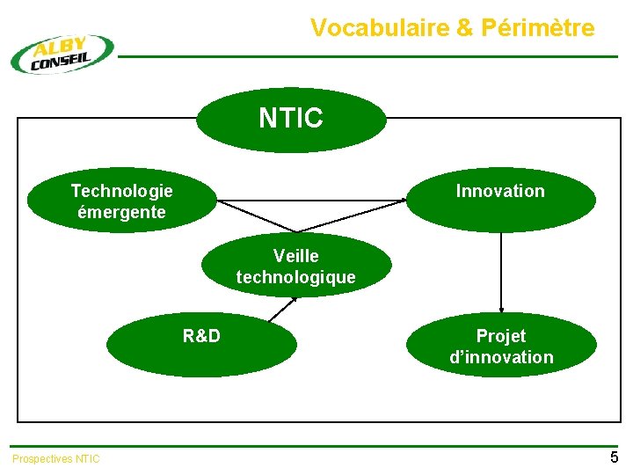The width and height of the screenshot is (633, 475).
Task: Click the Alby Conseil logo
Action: click(62, 54)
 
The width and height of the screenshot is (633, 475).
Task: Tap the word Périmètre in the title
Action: click(538, 28)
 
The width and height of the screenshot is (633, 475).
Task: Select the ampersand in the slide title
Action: click(465, 28)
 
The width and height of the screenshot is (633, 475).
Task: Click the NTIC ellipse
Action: click(291, 120)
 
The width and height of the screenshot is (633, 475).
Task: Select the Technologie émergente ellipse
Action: click(121, 201)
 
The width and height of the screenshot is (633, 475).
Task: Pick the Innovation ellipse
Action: click(500, 200)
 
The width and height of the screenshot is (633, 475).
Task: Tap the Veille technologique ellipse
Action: click(296, 266)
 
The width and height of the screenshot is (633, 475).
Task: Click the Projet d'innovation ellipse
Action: click(501, 347)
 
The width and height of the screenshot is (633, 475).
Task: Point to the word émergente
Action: click(121, 212)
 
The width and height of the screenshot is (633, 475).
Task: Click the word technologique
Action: click(296, 277)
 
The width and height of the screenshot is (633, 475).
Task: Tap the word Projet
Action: click(501, 335)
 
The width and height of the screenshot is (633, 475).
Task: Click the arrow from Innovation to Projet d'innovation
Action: click(501, 273)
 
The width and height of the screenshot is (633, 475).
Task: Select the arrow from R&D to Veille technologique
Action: click(282, 309)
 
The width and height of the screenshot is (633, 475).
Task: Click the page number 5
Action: click(614, 457)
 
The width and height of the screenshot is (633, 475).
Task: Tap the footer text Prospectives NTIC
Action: click(56, 458)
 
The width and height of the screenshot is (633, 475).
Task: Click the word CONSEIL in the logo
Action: click(60, 61)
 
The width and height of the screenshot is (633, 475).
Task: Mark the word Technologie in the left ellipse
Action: click(121, 190)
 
